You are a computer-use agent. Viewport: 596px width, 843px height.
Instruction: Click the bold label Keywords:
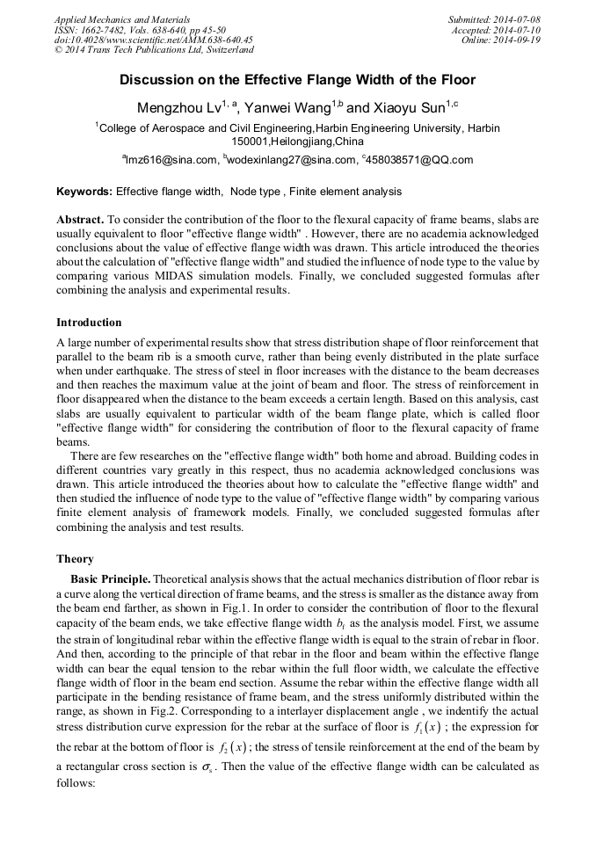84,191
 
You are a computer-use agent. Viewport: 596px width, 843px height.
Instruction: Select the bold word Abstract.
80,217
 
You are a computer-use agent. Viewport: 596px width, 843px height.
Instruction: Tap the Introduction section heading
89,323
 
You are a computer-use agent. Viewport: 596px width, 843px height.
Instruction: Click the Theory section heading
76,559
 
